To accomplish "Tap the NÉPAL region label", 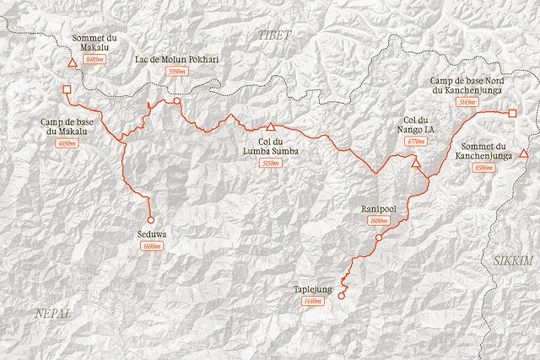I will [x=51, y=313].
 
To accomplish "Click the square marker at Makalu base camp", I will [x=67, y=90].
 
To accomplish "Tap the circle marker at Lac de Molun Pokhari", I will [x=177, y=101].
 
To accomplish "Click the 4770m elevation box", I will [x=415, y=143].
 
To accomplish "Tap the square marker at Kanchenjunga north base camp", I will [x=511, y=112].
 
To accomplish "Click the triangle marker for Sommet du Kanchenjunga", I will [x=523, y=153].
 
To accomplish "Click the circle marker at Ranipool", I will [x=378, y=239].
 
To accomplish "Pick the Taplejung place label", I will [x=313, y=289].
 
